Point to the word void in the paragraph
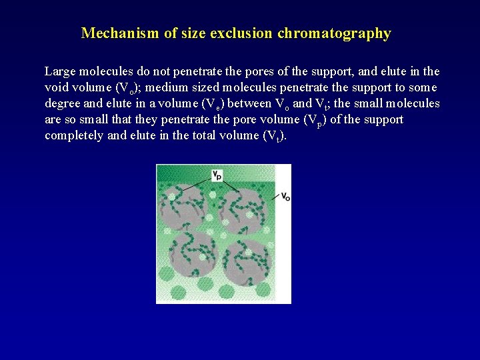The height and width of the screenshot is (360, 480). coord(55,87)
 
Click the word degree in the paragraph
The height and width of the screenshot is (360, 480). coord(63,103)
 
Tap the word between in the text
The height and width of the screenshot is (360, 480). coord(247,103)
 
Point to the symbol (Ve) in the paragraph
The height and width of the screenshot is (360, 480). coord(213,104)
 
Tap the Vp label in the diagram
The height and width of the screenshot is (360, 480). coord(217,175)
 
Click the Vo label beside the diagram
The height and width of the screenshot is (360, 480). coord(285,196)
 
